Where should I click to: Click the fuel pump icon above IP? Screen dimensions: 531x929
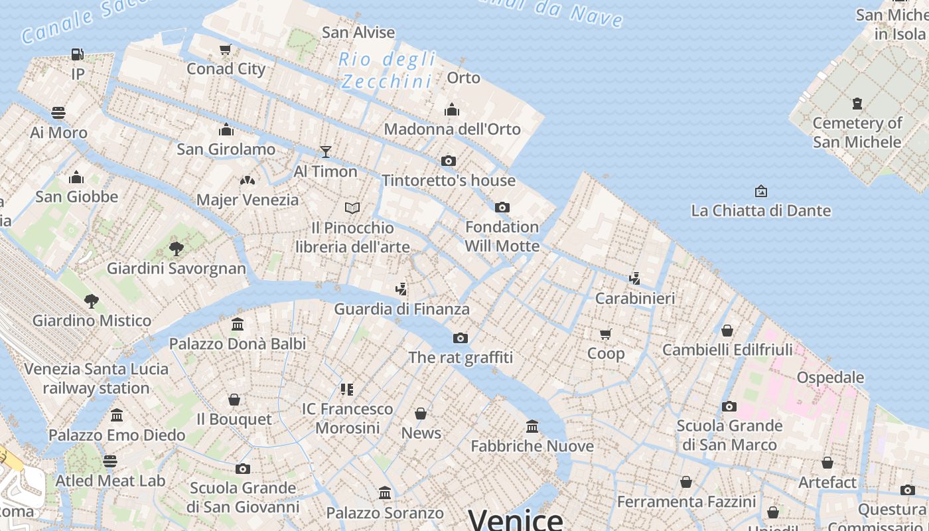pyautogui.click(x=78, y=54)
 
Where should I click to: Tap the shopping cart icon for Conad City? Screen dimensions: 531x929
pyautogui.click(x=226, y=49)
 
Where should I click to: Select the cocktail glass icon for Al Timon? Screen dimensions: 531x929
pyautogui.click(x=325, y=152)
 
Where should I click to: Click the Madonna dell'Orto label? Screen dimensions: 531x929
pyautogui.click(x=452, y=129)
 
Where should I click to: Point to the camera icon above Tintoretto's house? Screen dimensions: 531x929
pyautogui.click(x=449, y=161)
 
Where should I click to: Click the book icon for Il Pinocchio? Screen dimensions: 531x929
pyautogui.click(x=352, y=208)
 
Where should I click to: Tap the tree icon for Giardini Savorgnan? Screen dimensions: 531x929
pyautogui.click(x=177, y=249)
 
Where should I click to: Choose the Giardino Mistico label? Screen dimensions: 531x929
pyautogui.click(x=92, y=321)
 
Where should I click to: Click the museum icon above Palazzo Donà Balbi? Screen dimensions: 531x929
pyautogui.click(x=238, y=325)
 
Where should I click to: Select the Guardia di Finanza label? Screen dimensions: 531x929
pyautogui.click(x=401, y=309)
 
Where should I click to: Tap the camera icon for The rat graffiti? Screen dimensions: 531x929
pyautogui.click(x=461, y=339)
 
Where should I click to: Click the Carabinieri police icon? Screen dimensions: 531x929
pyautogui.click(x=635, y=279)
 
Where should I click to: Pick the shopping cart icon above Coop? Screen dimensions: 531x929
pyautogui.click(x=605, y=334)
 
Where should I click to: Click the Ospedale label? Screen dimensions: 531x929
pyautogui.click(x=830, y=378)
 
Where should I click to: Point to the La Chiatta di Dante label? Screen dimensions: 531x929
pyautogui.click(x=760, y=211)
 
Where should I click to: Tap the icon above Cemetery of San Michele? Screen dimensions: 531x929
pyautogui.click(x=857, y=104)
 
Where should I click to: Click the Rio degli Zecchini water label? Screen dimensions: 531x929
pyautogui.click(x=388, y=70)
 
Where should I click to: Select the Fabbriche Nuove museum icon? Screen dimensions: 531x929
pyautogui.click(x=532, y=426)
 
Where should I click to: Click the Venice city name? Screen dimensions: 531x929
pyautogui.click(x=516, y=518)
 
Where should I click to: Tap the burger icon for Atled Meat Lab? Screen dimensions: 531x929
pyautogui.click(x=110, y=461)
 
